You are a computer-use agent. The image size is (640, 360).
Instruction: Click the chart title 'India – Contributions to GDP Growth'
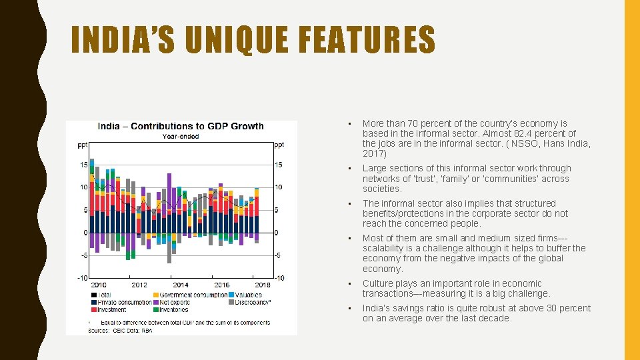(181, 126)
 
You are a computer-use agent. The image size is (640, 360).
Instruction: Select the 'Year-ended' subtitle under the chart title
(181, 137)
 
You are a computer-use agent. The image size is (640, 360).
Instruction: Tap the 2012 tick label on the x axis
(139, 285)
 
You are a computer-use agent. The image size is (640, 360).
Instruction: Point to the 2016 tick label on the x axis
(221, 285)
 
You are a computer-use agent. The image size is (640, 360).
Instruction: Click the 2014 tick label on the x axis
(180, 285)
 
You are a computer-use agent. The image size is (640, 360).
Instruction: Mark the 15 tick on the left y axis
(84, 165)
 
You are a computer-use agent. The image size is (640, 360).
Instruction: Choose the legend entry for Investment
(111, 309)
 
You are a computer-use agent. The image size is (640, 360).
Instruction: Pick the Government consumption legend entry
(193, 295)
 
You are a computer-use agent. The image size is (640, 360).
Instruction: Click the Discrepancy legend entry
(252, 302)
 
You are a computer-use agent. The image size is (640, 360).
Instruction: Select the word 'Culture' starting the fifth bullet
(378, 283)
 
